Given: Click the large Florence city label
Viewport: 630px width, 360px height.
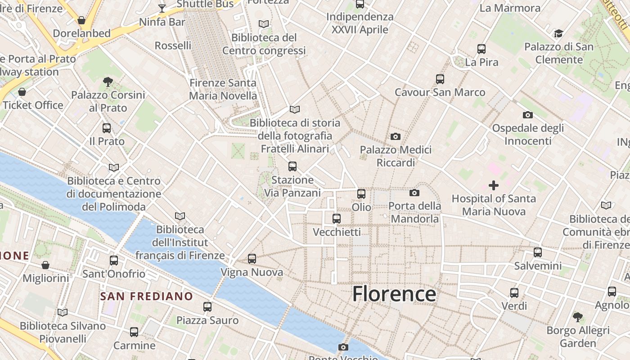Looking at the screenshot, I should tap(394, 294).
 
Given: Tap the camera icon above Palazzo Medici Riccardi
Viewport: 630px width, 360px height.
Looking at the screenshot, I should tap(396, 136).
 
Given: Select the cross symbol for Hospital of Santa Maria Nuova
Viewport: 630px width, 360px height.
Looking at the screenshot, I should tap(494, 185).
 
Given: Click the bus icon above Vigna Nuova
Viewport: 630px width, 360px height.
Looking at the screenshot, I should tap(252, 259).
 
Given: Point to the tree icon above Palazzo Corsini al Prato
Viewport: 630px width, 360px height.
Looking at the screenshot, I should tap(108, 81).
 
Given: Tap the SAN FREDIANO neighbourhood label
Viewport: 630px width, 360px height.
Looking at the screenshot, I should tap(146, 297).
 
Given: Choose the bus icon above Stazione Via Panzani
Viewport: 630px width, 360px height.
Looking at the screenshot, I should tap(292, 166).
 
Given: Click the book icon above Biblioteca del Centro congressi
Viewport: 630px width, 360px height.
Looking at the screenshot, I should tap(264, 24).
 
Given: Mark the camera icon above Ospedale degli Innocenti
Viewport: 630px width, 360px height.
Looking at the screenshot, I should tap(528, 115).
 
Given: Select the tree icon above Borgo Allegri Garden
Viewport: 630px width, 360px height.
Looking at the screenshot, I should tap(578, 317).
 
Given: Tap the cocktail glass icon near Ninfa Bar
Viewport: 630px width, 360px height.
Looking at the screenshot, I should tap(162, 8).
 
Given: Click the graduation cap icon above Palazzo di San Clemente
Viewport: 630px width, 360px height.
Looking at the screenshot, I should tap(558, 33).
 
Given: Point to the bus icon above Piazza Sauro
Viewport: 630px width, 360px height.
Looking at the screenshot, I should tap(207, 307).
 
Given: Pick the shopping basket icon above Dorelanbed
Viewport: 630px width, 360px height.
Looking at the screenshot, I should tap(81, 20).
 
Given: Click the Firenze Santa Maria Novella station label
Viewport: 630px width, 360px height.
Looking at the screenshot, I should tap(223, 89).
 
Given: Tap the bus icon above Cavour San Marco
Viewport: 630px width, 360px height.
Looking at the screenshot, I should tap(440, 79).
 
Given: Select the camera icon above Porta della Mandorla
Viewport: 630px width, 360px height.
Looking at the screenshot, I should tap(414, 193).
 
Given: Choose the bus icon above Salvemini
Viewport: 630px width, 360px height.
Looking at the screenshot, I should tap(538, 252).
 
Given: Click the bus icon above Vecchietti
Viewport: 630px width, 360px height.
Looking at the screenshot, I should tap(337, 219).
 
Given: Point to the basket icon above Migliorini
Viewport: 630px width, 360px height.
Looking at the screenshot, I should tap(45, 265).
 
